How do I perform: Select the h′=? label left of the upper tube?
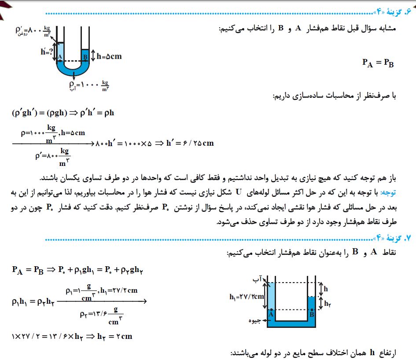click(x=46, y=51)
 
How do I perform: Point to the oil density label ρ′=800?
click(x=33, y=32)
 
